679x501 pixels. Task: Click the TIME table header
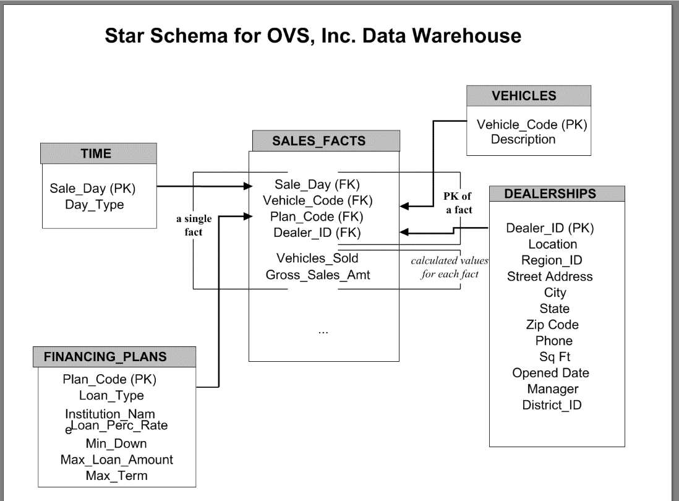tap(96, 154)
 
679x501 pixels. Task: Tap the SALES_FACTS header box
tap(318, 141)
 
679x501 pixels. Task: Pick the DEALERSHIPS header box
tap(550, 194)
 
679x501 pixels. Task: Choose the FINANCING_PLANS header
tap(105, 357)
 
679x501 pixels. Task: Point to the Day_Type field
tap(94, 205)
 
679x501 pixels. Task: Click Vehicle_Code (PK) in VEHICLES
tap(531, 124)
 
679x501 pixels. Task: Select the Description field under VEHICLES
tap(523, 139)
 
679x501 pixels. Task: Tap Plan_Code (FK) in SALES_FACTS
tap(317, 216)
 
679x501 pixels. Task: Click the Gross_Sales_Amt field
tap(318, 275)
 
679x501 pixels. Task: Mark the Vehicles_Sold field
tap(317, 258)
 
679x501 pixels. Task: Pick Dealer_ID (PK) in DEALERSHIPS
tap(550, 228)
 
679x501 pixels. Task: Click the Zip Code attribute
tap(552, 325)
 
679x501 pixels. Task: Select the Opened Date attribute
tap(550, 373)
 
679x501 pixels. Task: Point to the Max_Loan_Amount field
tap(116, 460)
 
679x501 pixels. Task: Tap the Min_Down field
tap(116, 443)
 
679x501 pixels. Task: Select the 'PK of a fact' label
tap(458, 203)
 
